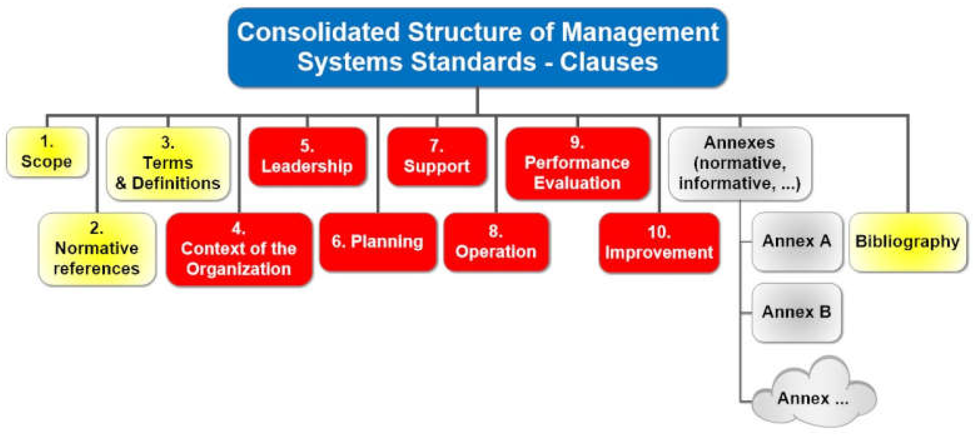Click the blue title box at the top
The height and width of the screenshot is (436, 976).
[x=478, y=47]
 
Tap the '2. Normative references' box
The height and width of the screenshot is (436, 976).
[x=97, y=249]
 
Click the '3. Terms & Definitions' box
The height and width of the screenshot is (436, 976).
[x=168, y=164]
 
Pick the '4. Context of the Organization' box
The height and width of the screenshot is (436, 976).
[x=239, y=249]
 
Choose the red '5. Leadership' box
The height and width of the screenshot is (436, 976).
[x=307, y=157]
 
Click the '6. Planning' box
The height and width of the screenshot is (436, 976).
[x=378, y=242]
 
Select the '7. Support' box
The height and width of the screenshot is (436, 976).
[x=437, y=157]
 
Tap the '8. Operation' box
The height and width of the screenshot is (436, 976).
[x=496, y=242]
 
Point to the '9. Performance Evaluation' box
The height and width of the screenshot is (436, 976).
[x=577, y=164]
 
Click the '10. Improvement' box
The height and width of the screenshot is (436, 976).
[x=659, y=243]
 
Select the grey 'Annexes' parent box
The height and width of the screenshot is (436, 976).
[x=740, y=164]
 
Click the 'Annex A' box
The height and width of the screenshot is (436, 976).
[x=797, y=242]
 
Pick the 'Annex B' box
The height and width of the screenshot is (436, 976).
[x=797, y=312]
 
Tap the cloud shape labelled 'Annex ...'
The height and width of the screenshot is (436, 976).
[x=814, y=394]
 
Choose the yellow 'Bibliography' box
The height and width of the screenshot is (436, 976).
[x=908, y=242]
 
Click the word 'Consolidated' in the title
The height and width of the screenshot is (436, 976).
[x=318, y=32]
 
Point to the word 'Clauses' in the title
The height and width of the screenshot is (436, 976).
[x=608, y=62]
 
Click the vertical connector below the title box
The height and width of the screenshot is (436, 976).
[x=478, y=101]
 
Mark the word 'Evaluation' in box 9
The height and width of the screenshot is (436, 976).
[x=577, y=183]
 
